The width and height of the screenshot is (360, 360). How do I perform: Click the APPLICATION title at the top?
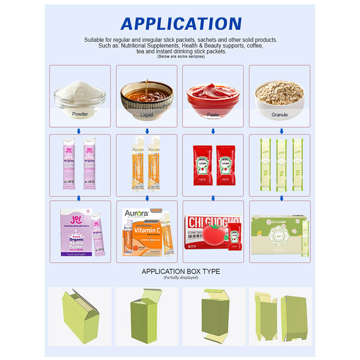point(180,24)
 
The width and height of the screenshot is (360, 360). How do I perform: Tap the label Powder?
point(80,115)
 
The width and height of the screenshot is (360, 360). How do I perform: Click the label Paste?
point(213,115)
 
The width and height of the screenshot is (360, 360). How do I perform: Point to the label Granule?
point(280,115)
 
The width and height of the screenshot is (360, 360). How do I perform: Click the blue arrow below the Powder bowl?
point(80,131)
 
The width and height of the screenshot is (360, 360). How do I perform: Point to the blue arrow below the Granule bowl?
point(281,131)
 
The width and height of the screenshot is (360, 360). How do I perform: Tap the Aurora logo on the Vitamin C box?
point(136,213)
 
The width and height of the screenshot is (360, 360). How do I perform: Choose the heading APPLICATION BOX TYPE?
point(180,272)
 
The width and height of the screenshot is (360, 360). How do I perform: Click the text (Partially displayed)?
point(180,278)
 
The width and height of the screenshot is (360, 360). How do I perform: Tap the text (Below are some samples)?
point(180,57)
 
